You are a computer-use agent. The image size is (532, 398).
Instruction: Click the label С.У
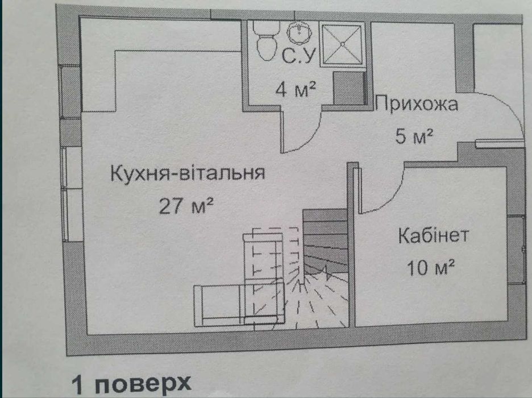pyautogui.click(x=298, y=56)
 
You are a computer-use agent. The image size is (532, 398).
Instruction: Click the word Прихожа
pyautogui.click(x=417, y=103)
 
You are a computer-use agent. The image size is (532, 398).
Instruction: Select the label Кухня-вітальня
pyautogui.click(x=188, y=173)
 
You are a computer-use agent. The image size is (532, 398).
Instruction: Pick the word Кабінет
pyautogui.click(x=433, y=235)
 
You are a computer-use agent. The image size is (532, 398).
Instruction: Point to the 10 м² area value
pyautogui.click(x=430, y=267)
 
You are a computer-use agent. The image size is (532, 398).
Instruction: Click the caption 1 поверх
pyautogui.click(x=132, y=384)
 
